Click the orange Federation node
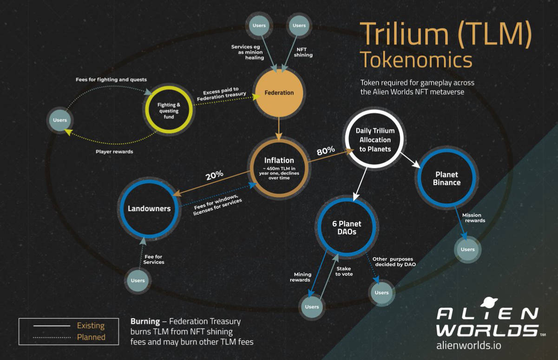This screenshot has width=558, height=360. tap(279, 92)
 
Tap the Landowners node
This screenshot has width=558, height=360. tap(149, 209)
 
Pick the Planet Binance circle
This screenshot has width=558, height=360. tap(446, 178)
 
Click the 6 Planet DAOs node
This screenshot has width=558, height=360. tap(347, 228)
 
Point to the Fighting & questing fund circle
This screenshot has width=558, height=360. tap(169, 111)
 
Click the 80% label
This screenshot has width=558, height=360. tap(326, 151)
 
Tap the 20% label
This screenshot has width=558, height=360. tap(215, 175)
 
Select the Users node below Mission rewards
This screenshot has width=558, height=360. tap(467, 249)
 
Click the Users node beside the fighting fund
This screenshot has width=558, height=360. tap(60, 120)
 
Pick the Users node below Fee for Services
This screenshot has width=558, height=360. tap(138, 281)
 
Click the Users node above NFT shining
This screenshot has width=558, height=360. tap(299, 26)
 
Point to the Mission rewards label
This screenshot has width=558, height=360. tap(473, 218)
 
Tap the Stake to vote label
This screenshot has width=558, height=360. tap(344, 271)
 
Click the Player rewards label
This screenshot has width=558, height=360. tap(114, 151)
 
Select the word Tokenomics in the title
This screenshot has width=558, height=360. tap(416, 59)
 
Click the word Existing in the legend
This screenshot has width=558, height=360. tap(91, 326)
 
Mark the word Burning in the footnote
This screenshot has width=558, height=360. tap(145, 321)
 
